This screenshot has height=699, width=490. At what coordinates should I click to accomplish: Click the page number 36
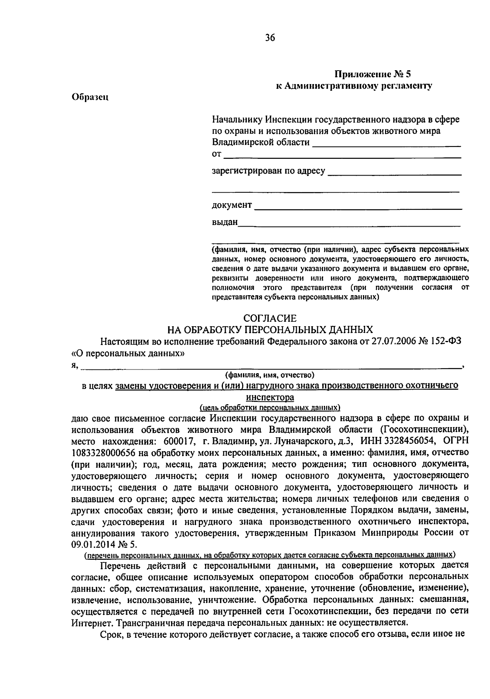point(270,38)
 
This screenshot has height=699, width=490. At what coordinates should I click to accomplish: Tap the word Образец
point(89,97)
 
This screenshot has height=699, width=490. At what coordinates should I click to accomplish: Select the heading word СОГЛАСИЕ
point(270,318)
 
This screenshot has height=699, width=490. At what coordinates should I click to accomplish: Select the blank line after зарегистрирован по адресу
point(394,174)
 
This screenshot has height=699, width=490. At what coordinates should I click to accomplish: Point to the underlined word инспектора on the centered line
point(270,397)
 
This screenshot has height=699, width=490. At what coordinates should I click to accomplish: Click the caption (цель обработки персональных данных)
point(270,407)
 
